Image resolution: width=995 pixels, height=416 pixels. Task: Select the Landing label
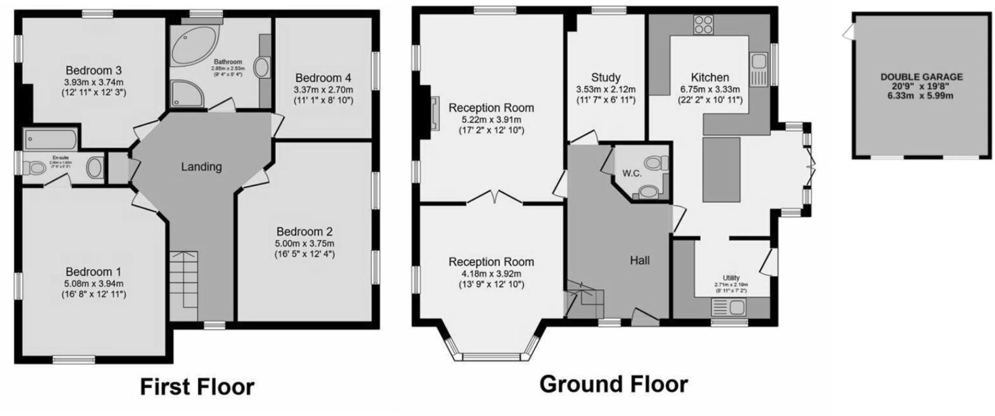(201, 168)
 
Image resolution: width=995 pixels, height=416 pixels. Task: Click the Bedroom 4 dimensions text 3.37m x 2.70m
(323, 90)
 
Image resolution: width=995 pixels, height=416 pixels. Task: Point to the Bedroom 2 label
(304, 231)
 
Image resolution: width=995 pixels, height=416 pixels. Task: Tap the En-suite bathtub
(50, 138)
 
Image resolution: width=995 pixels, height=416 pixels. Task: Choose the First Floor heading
(197, 387)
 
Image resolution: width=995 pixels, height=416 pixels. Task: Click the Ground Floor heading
(613, 384)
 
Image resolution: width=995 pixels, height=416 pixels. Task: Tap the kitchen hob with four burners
(703, 25)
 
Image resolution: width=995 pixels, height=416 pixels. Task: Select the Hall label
(640, 260)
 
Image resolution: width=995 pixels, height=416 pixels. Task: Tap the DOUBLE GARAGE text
(921, 76)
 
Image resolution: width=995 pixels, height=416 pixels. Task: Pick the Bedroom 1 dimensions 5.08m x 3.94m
(93, 283)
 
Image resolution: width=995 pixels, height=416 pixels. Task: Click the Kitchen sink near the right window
(759, 62)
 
